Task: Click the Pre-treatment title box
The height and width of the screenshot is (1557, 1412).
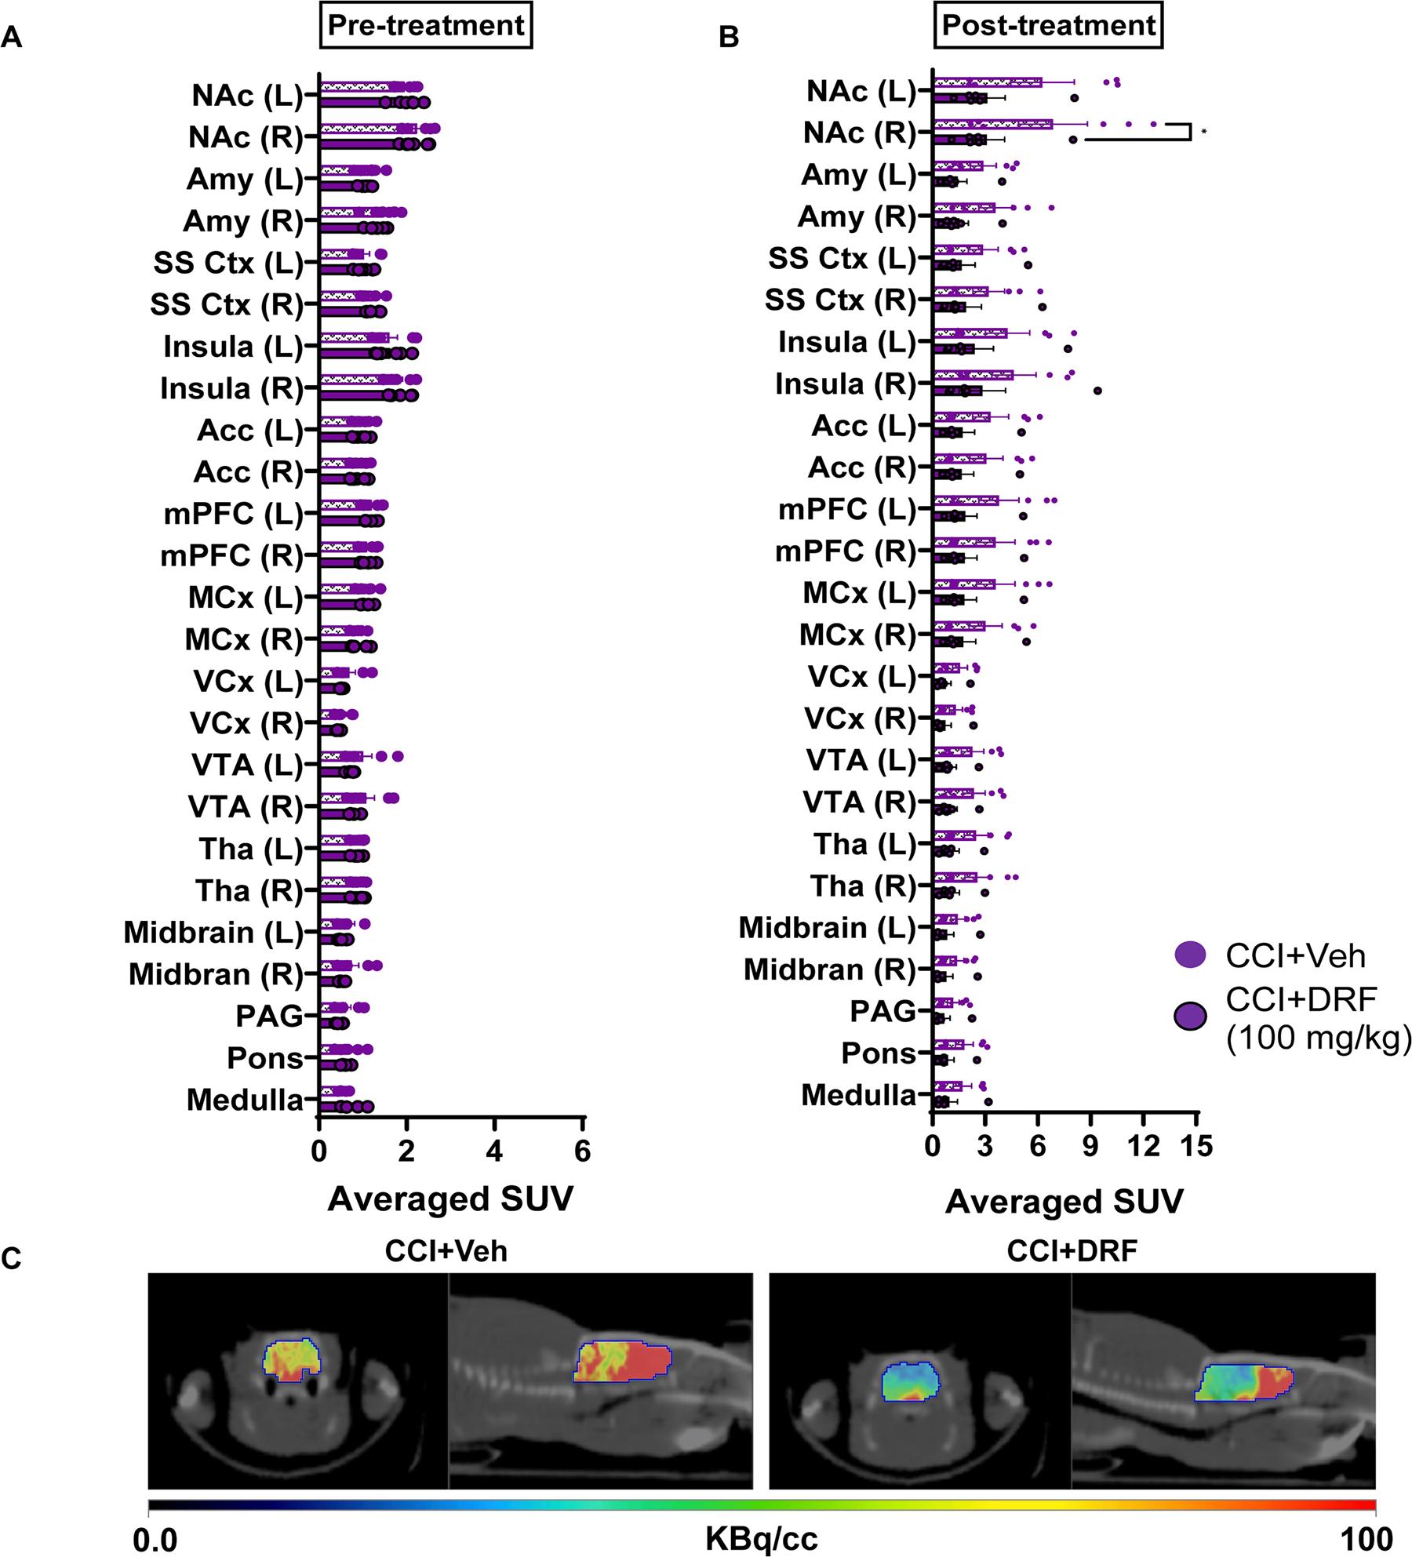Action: click(x=426, y=26)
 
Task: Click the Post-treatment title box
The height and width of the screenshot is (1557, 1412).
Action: click(x=1048, y=26)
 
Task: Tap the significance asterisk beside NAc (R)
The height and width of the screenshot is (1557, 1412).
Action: click(x=1203, y=133)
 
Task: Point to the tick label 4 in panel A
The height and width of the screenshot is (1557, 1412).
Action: click(x=494, y=1151)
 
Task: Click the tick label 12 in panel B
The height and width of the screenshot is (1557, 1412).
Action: click(x=1144, y=1146)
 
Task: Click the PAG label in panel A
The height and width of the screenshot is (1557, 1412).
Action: click(x=269, y=1017)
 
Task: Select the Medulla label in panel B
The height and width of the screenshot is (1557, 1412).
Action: click(x=858, y=1095)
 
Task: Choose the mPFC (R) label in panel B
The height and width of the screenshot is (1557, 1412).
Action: click(x=846, y=551)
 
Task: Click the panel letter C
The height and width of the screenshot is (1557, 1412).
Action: click(x=12, y=1259)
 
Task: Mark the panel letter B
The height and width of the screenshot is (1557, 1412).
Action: click(x=729, y=38)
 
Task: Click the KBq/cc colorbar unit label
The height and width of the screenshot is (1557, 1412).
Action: click(x=761, y=1540)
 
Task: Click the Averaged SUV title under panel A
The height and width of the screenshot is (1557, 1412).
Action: click(x=450, y=1199)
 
